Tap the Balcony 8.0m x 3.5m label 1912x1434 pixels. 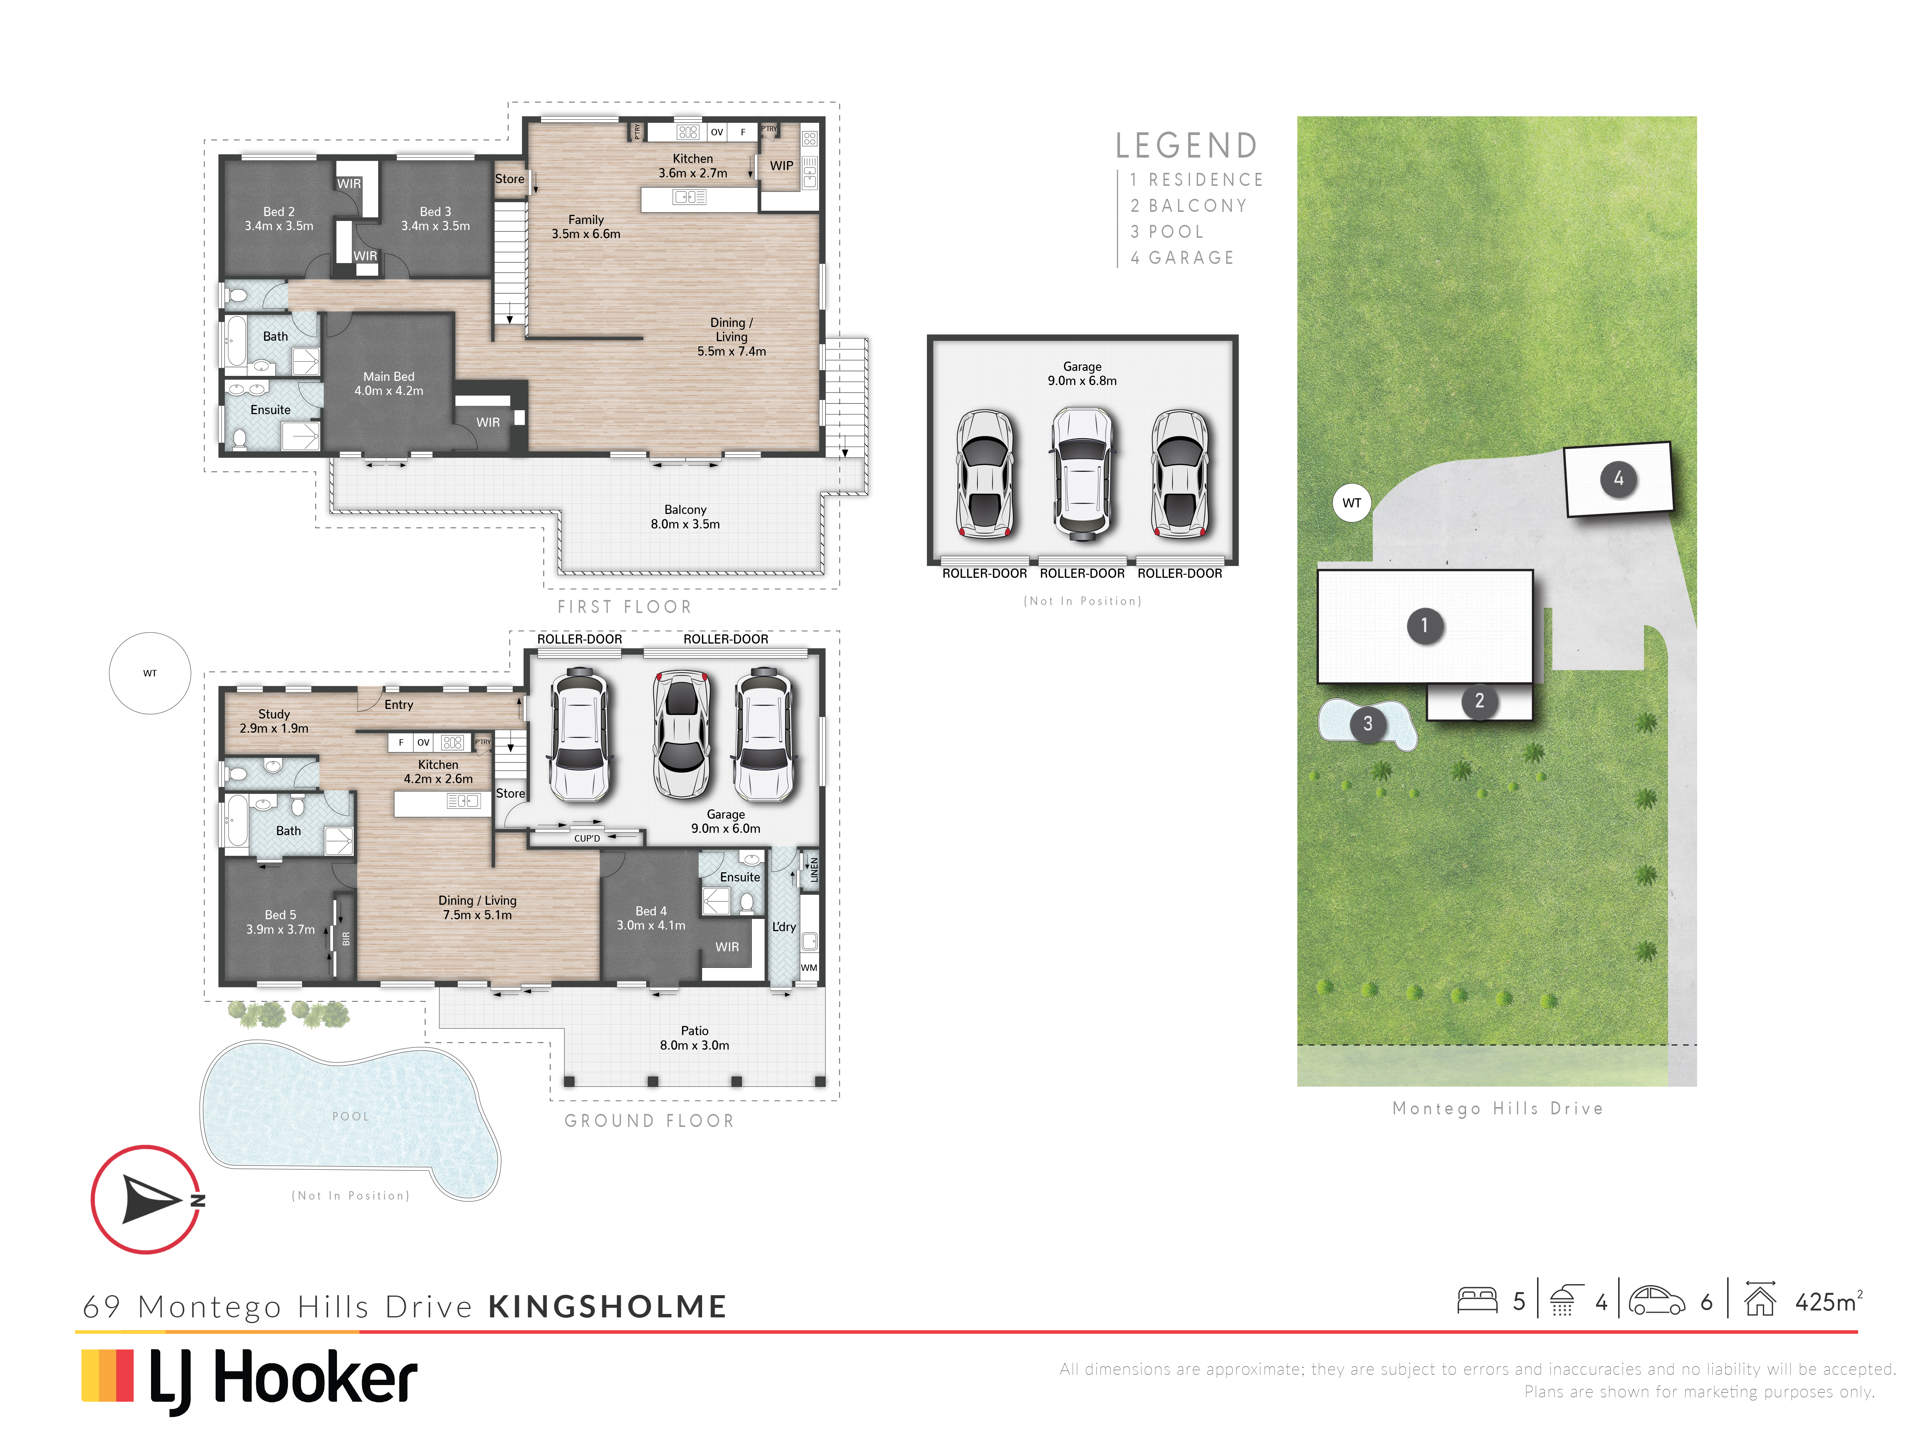(685, 517)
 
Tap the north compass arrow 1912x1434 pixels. (151, 1199)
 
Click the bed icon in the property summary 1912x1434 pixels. (1477, 1301)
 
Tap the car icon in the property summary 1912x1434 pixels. (1657, 1301)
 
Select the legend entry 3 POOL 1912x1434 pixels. (1167, 232)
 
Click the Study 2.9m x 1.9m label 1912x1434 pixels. (274, 721)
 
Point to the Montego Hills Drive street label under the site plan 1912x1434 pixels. (1498, 1108)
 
